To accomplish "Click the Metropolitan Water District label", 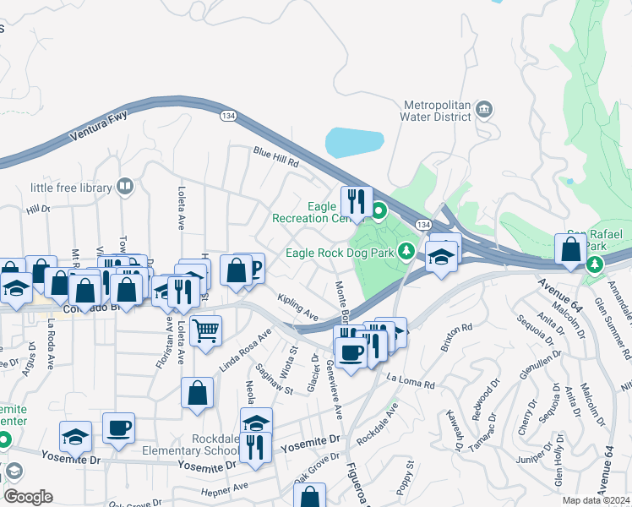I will click(436, 111).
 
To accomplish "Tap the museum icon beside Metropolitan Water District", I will click(485, 110).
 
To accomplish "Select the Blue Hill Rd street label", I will click(276, 157).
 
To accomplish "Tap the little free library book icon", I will click(125, 186).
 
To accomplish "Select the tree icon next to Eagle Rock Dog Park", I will click(406, 251).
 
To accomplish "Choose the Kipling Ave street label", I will click(298, 307).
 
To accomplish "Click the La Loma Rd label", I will click(411, 381).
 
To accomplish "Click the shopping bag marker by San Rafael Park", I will click(571, 248).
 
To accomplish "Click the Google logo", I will click(28, 497).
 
